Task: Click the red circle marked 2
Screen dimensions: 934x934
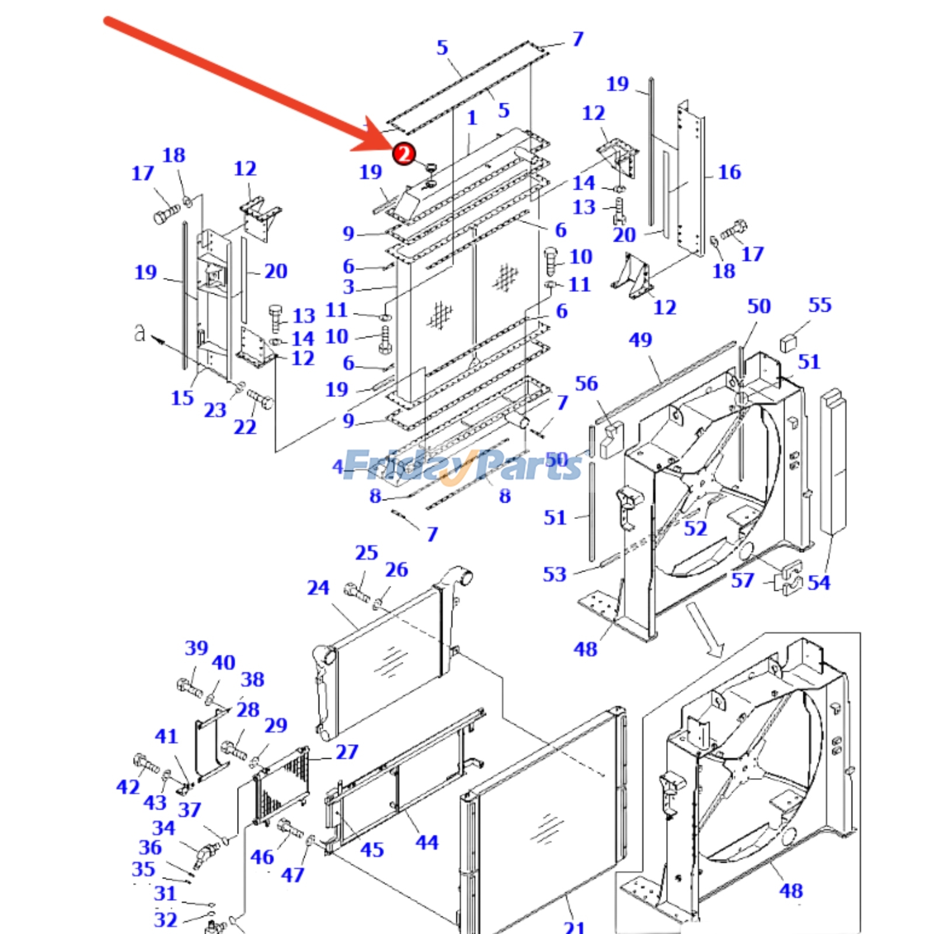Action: coord(403,154)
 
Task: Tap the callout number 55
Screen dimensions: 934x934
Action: coord(820,305)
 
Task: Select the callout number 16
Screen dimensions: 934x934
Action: coord(729,172)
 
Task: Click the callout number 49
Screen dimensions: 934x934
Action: coord(640,340)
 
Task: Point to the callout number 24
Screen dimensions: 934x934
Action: coord(318,587)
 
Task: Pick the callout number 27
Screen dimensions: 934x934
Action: coord(347,752)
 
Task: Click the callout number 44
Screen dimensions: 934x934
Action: coord(427,842)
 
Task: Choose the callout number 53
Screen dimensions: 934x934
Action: coord(555,574)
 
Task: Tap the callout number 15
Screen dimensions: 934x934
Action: coord(182,398)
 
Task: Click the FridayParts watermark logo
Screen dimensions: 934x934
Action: coord(461,466)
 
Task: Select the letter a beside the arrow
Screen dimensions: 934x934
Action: coord(139,333)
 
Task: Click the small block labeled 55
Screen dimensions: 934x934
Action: coord(789,343)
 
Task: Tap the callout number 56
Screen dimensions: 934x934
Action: coord(587,384)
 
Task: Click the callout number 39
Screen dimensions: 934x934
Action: coord(197,648)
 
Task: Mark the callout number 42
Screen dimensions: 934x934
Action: coord(128,787)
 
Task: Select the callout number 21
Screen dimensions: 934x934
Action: coord(574,927)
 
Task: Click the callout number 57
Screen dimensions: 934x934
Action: coord(743,580)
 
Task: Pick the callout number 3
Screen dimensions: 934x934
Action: coord(348,287)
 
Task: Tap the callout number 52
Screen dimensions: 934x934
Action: coord(695,528)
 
